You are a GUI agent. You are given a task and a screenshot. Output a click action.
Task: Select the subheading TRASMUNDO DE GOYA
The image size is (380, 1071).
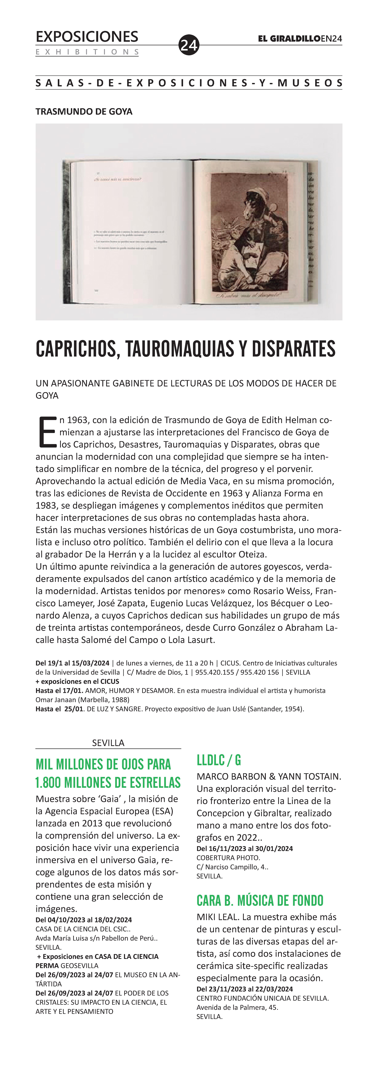coord(84,111)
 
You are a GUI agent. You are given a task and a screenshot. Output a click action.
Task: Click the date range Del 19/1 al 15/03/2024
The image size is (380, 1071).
coord(72,663)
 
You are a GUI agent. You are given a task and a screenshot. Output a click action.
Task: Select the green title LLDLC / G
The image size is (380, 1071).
coord(219,760)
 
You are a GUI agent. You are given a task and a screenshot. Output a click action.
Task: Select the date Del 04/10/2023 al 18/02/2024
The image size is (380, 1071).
coord(84,920)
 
